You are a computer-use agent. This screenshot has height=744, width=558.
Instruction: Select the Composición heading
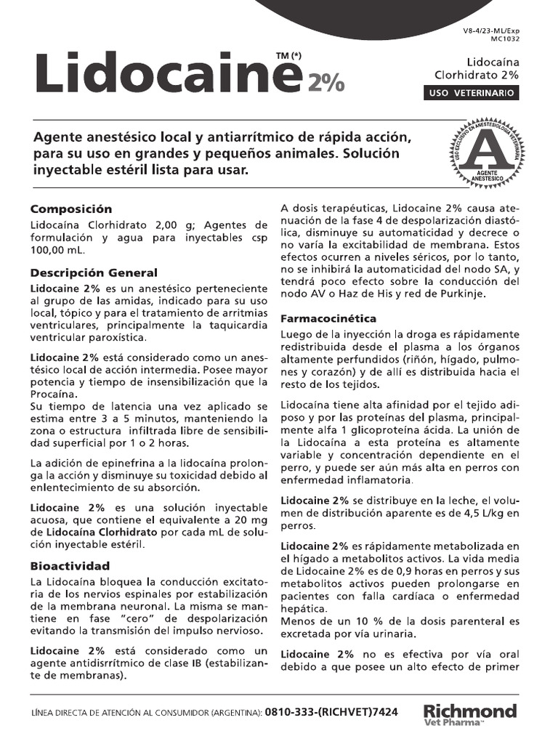[71, 209]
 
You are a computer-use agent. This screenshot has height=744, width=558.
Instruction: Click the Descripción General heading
[94, 272]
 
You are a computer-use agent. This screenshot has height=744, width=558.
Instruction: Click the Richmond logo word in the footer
[470, 710]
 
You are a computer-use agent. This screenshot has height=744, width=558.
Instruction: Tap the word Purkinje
[492, 294]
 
